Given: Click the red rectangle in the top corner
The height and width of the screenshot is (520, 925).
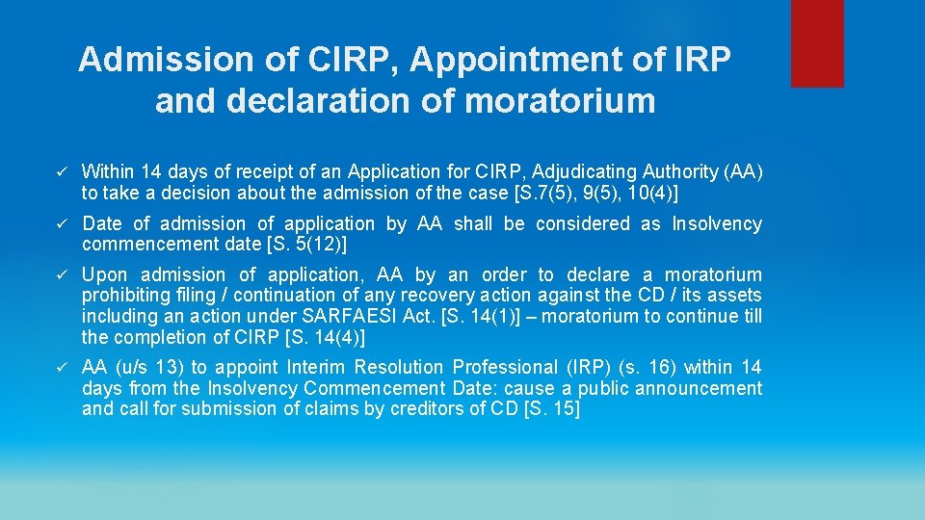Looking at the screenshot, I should point(817,43).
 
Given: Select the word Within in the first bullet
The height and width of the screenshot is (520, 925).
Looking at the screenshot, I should point(109,172).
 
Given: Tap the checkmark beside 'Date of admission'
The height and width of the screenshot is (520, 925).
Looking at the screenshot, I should point(60,224).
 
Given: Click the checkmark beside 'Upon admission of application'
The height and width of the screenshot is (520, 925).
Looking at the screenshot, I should point(60,275).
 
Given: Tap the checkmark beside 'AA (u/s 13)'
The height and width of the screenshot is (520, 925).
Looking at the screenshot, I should point(60,368).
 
